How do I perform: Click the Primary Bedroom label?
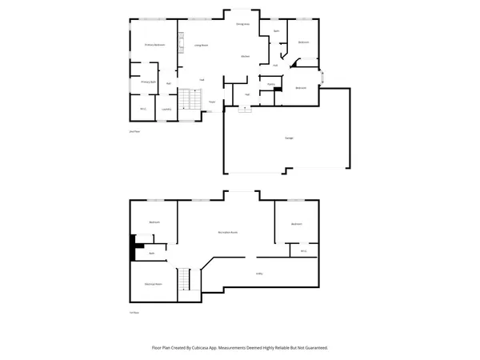coord(154,45)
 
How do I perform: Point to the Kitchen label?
coord(246,56)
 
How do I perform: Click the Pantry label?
coord(271,83)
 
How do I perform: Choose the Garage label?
coord(288,138)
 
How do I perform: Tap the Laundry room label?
coord(166,109)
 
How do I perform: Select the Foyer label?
coord(212,102)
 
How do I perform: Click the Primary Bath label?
coord(148,82)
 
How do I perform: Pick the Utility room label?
coord(260,274)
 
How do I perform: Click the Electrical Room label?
coord(154,284)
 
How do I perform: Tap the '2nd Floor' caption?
coord(134,130)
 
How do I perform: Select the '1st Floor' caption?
coord(134,313)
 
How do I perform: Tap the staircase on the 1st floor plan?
coord(186,279)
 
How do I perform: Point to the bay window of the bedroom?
coord(322,78)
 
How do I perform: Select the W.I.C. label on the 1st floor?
coord(303,251)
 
